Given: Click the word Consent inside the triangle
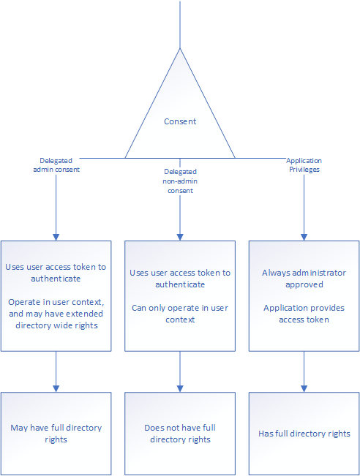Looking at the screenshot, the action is [x=180, y=121].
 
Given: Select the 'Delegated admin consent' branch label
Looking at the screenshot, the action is [x=56, y=165].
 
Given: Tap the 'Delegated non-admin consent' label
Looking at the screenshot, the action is [x=180, y=181].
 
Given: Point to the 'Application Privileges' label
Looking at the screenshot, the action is [x=304, y=165].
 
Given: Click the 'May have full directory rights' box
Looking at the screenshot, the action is [x=56, y=434].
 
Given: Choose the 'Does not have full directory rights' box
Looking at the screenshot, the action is [x=180, y=434].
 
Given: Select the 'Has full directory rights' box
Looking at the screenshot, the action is [x=304, y=434].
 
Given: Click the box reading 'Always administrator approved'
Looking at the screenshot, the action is [x=304, y=296].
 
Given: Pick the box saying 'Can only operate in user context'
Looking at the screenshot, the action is [x=180, y=296].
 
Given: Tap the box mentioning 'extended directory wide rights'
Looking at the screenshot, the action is [x=56, y=296].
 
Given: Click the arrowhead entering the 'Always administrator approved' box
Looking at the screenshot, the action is [x=304, y=238].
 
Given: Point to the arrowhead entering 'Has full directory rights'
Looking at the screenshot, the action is [x=304, y=389].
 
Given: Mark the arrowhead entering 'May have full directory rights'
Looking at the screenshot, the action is [x=56, y=389].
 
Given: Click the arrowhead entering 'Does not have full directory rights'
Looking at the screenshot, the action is [x=180, y=389].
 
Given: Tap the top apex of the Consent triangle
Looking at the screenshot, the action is [x=180, y=48].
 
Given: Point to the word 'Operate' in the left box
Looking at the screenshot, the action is [x=20, y=303].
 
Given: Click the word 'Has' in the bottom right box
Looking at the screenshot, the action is [x=266, y=434].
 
